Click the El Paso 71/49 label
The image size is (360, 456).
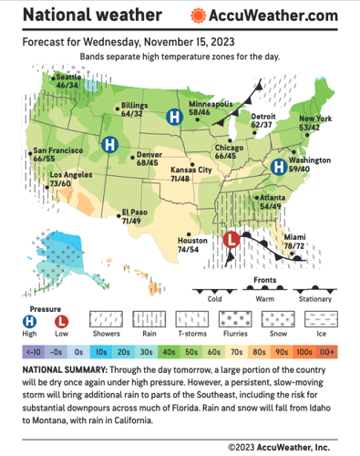click(134, 217)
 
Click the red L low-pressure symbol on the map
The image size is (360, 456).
click(231, 241)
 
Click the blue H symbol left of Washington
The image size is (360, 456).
click(280, 166)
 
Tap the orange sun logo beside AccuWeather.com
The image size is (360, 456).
click(198, 16)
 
